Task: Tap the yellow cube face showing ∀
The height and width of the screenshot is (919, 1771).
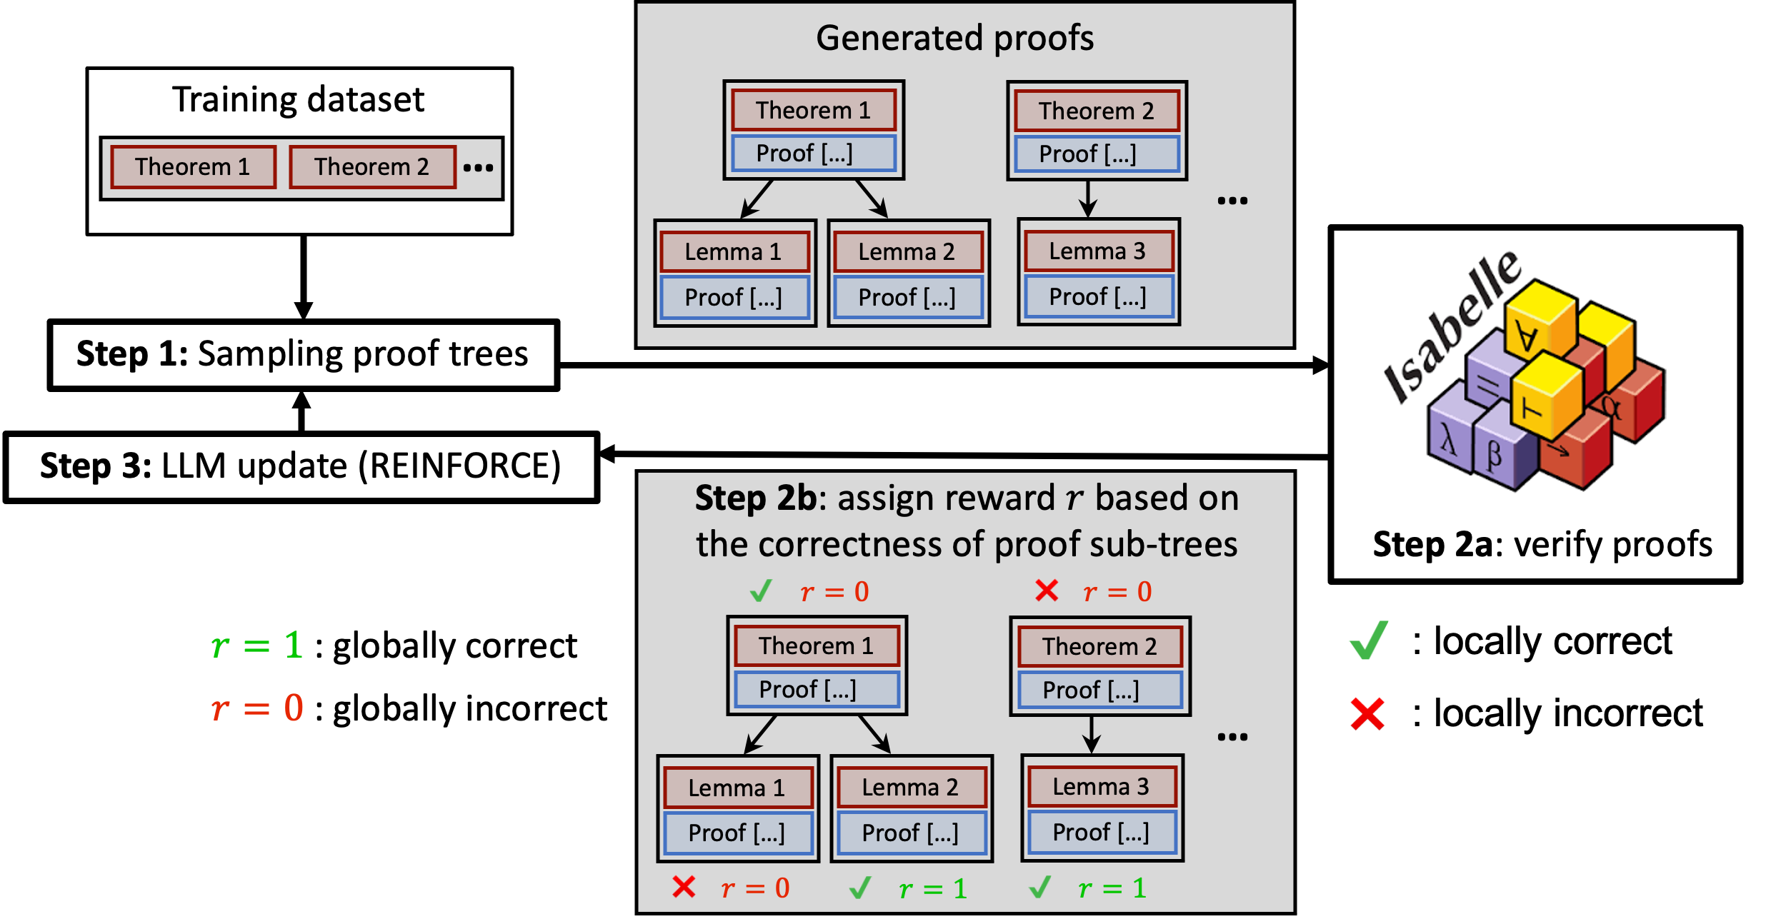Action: (1527, 335)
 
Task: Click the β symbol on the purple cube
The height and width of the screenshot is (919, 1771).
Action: (1494, 455)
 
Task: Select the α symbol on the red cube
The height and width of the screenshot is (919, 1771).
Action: (1611, 407)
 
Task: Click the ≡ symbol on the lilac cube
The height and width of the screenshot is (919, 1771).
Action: (1488, 386)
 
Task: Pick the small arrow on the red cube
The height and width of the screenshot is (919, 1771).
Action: (1559, 449)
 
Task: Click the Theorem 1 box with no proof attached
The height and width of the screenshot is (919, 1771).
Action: (193, 167)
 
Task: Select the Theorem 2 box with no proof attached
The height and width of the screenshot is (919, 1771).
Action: (372, 167)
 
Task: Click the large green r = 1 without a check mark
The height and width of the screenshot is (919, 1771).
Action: (257, 646)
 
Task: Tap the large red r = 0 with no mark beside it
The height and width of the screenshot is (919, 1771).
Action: (257, 708)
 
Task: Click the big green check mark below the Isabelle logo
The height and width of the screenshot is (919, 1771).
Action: (1369, 640)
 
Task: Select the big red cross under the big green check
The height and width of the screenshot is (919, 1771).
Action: (1367, 714)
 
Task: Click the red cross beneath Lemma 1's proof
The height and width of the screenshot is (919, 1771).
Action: (684, 887)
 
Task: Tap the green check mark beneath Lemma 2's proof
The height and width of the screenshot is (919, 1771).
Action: (860, 888)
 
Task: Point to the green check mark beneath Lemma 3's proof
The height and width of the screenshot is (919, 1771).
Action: (1039, 887)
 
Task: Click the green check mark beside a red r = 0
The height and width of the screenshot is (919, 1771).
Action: (761, 591)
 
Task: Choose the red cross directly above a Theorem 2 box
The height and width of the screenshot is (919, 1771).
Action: (1047, 591)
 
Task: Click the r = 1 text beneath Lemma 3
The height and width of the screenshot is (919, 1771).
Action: (1112, 888)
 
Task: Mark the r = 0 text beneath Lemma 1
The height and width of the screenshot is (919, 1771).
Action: (755, 888)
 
